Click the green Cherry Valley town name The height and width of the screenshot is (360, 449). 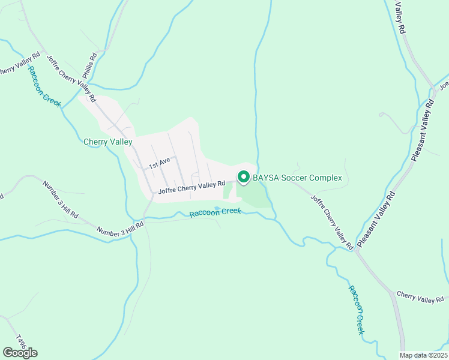(x=107, y=142)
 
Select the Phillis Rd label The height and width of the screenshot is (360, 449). (x=89, y=67)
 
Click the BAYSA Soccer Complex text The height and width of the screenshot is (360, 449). (x=297, y=178)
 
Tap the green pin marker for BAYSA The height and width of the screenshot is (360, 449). (x=244, y=178)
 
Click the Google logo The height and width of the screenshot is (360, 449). (x=20, y=352)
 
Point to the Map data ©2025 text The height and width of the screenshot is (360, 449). (x=423, y=355)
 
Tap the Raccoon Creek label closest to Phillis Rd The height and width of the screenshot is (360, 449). (x=43, y=88)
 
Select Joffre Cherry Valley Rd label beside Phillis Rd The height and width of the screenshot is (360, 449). (x=70, y=77)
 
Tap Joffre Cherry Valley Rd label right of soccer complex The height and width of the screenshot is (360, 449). (x=331, y=221)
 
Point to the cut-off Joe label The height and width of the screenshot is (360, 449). (x=444, y=86)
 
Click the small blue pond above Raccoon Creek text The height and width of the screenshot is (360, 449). (x=217, y=208)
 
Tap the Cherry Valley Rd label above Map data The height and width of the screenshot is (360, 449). (x=423, y=298)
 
